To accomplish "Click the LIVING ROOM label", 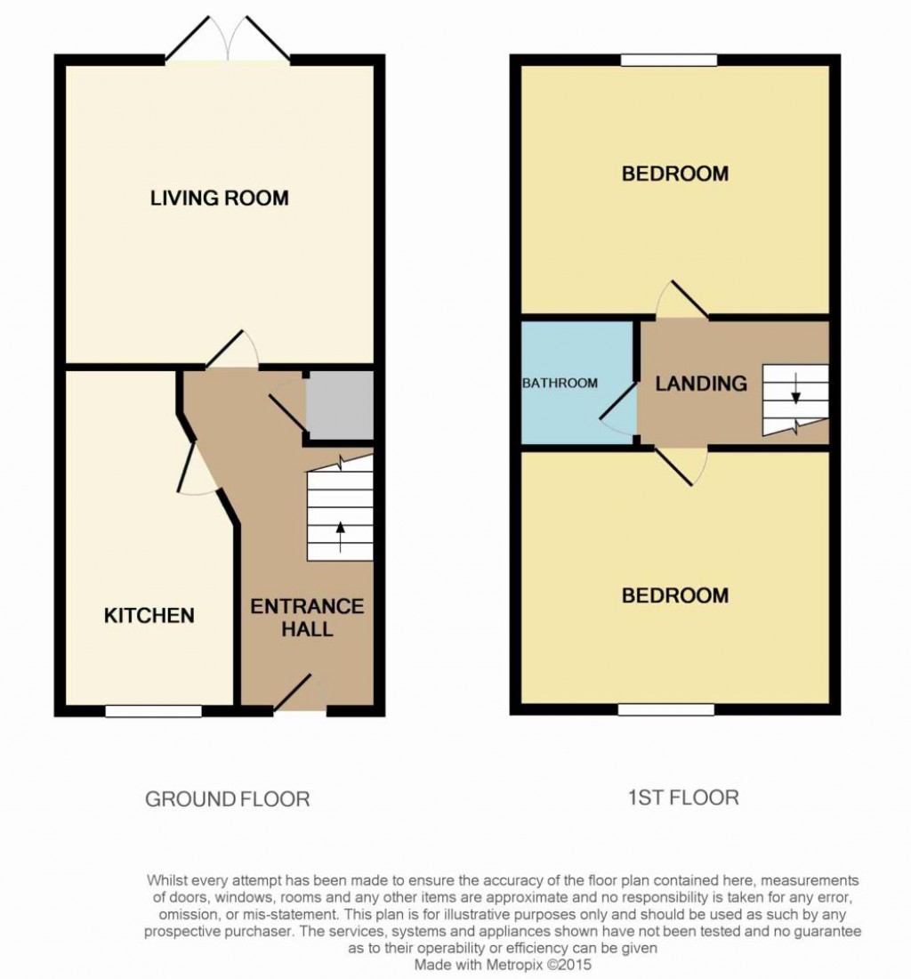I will point(219,198).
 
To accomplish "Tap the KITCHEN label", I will point(149,615).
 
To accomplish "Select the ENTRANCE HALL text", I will point(307,618).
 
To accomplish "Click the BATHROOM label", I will point(560,384).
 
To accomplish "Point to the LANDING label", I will point(701,384).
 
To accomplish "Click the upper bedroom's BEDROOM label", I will point(674,174).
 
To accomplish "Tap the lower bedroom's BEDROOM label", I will point(674,595).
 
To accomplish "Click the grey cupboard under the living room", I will point(339,405).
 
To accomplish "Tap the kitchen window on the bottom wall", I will point(153,710).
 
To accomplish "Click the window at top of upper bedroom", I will point(669,61).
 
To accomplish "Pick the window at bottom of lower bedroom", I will point(666,709).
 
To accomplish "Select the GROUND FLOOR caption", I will point(227,799).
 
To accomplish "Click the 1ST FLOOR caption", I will point(681,797).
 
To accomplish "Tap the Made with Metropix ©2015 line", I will point(503,964).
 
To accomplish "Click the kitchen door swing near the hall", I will point(198,470).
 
